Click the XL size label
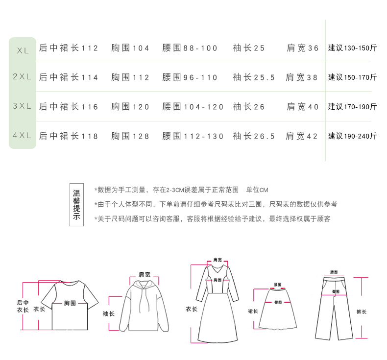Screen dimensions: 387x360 (x=23, y=50)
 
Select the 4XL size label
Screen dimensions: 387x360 (x=22, y=136)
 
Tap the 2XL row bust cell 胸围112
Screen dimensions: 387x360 (x=130, y=77)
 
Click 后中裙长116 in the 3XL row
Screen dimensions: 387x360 (x=69, y=107)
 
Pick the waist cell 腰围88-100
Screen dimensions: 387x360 (x=190, y=48)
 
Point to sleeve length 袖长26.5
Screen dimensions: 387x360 (x=254, y=136)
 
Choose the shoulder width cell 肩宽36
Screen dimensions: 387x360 (x=302, y=48)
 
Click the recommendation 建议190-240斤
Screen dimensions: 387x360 (x=352, y=136)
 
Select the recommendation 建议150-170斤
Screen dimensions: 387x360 (x=352, y=77)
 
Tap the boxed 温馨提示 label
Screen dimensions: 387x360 (x=76, y=204)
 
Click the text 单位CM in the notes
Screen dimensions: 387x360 (x=257, y=190)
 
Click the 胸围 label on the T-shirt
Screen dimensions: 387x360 (x=70, y=303)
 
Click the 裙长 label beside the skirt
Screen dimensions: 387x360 (x=252, y=311)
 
